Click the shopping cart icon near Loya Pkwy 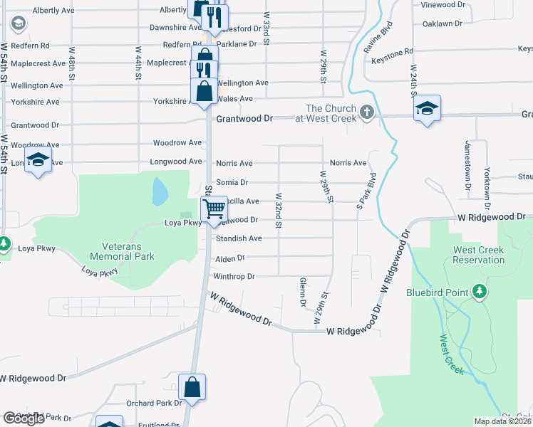214,209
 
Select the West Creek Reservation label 478,255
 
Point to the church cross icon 367,112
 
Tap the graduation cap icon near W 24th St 427,108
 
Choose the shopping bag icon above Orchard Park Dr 192,387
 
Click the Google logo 24,418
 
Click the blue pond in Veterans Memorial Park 160,191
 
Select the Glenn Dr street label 303,292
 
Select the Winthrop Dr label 234,276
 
